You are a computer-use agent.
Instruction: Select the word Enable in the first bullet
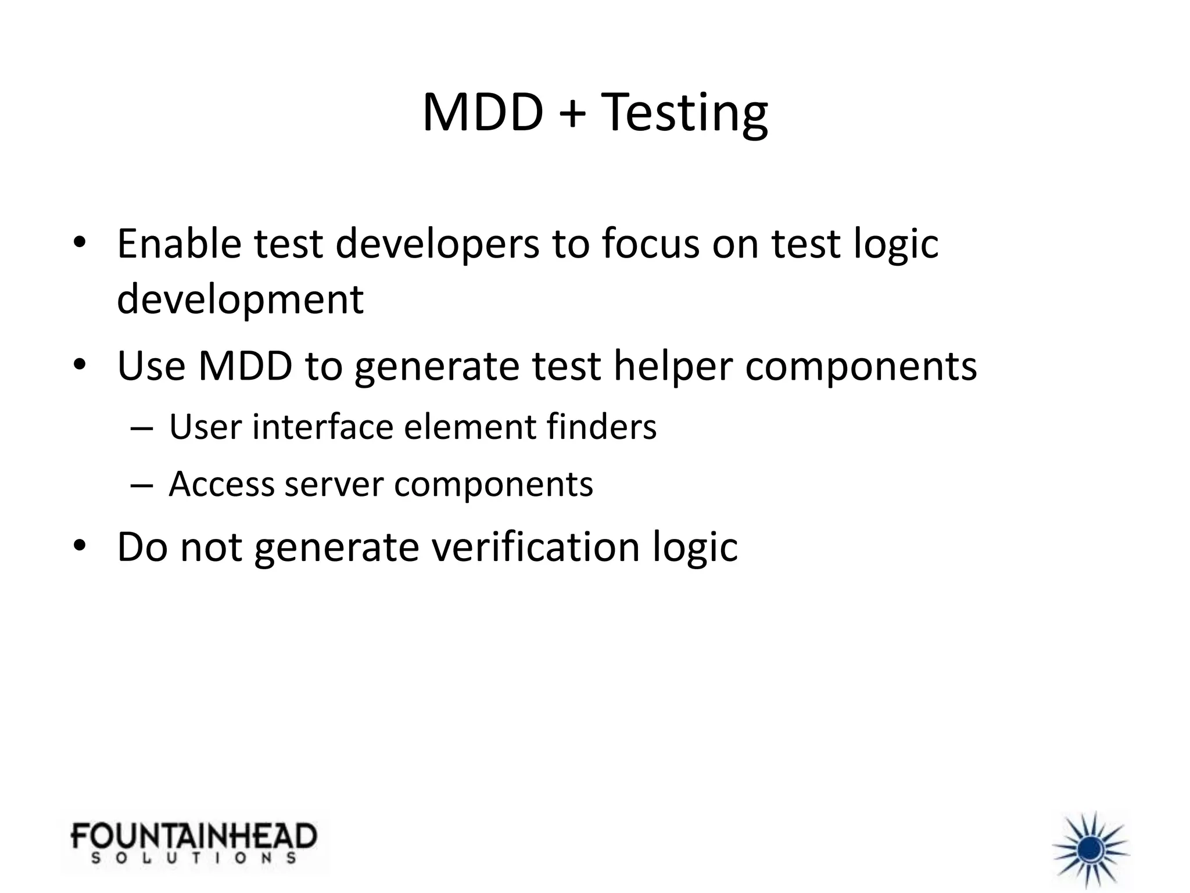[x=179, y=244]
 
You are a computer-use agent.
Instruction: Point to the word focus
[x=651, y=244]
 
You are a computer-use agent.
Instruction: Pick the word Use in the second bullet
[x=151, y=366]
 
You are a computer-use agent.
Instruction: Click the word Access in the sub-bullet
[x=221, y=484]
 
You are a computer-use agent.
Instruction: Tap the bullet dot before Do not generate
[x=80, y=546]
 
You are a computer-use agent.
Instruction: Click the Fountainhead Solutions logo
[x=194, y=842]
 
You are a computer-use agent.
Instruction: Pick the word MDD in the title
[x=482, y=113]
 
